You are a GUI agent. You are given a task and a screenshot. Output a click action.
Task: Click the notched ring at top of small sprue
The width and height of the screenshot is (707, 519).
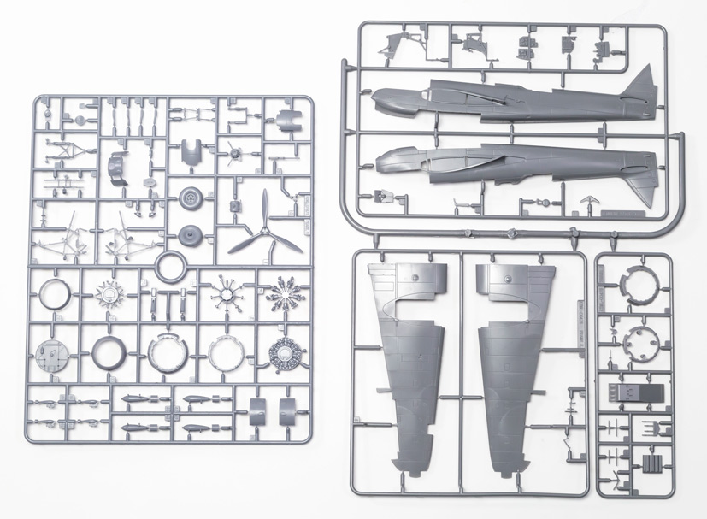click(637, 286)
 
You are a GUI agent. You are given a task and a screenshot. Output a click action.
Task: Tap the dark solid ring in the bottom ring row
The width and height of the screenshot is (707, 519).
click(107, 351)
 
